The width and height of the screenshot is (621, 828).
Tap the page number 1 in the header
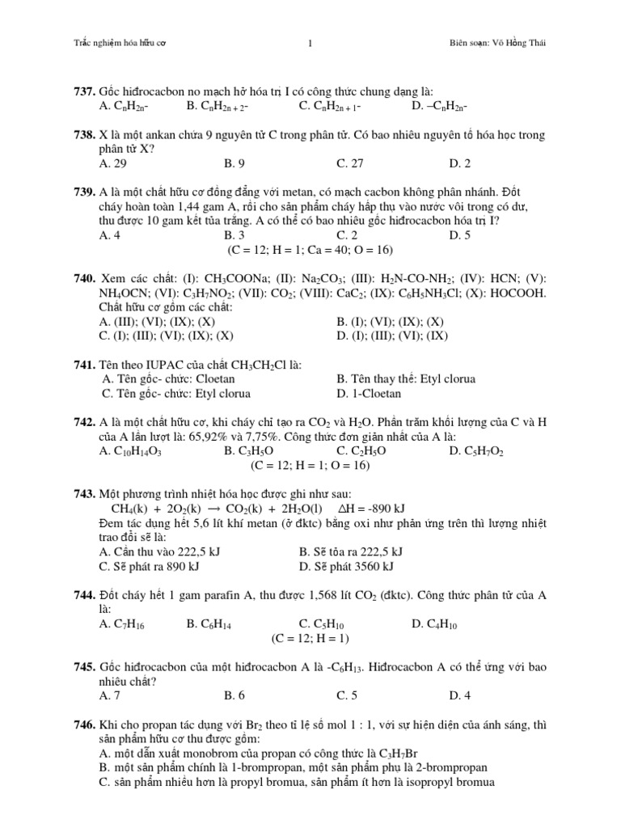(x=310, y=43)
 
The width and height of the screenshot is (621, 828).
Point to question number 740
(x=86, y=278)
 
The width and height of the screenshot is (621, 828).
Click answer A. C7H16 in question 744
(x=124, y=623)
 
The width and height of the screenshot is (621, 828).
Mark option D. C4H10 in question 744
(x=436, y=623)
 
